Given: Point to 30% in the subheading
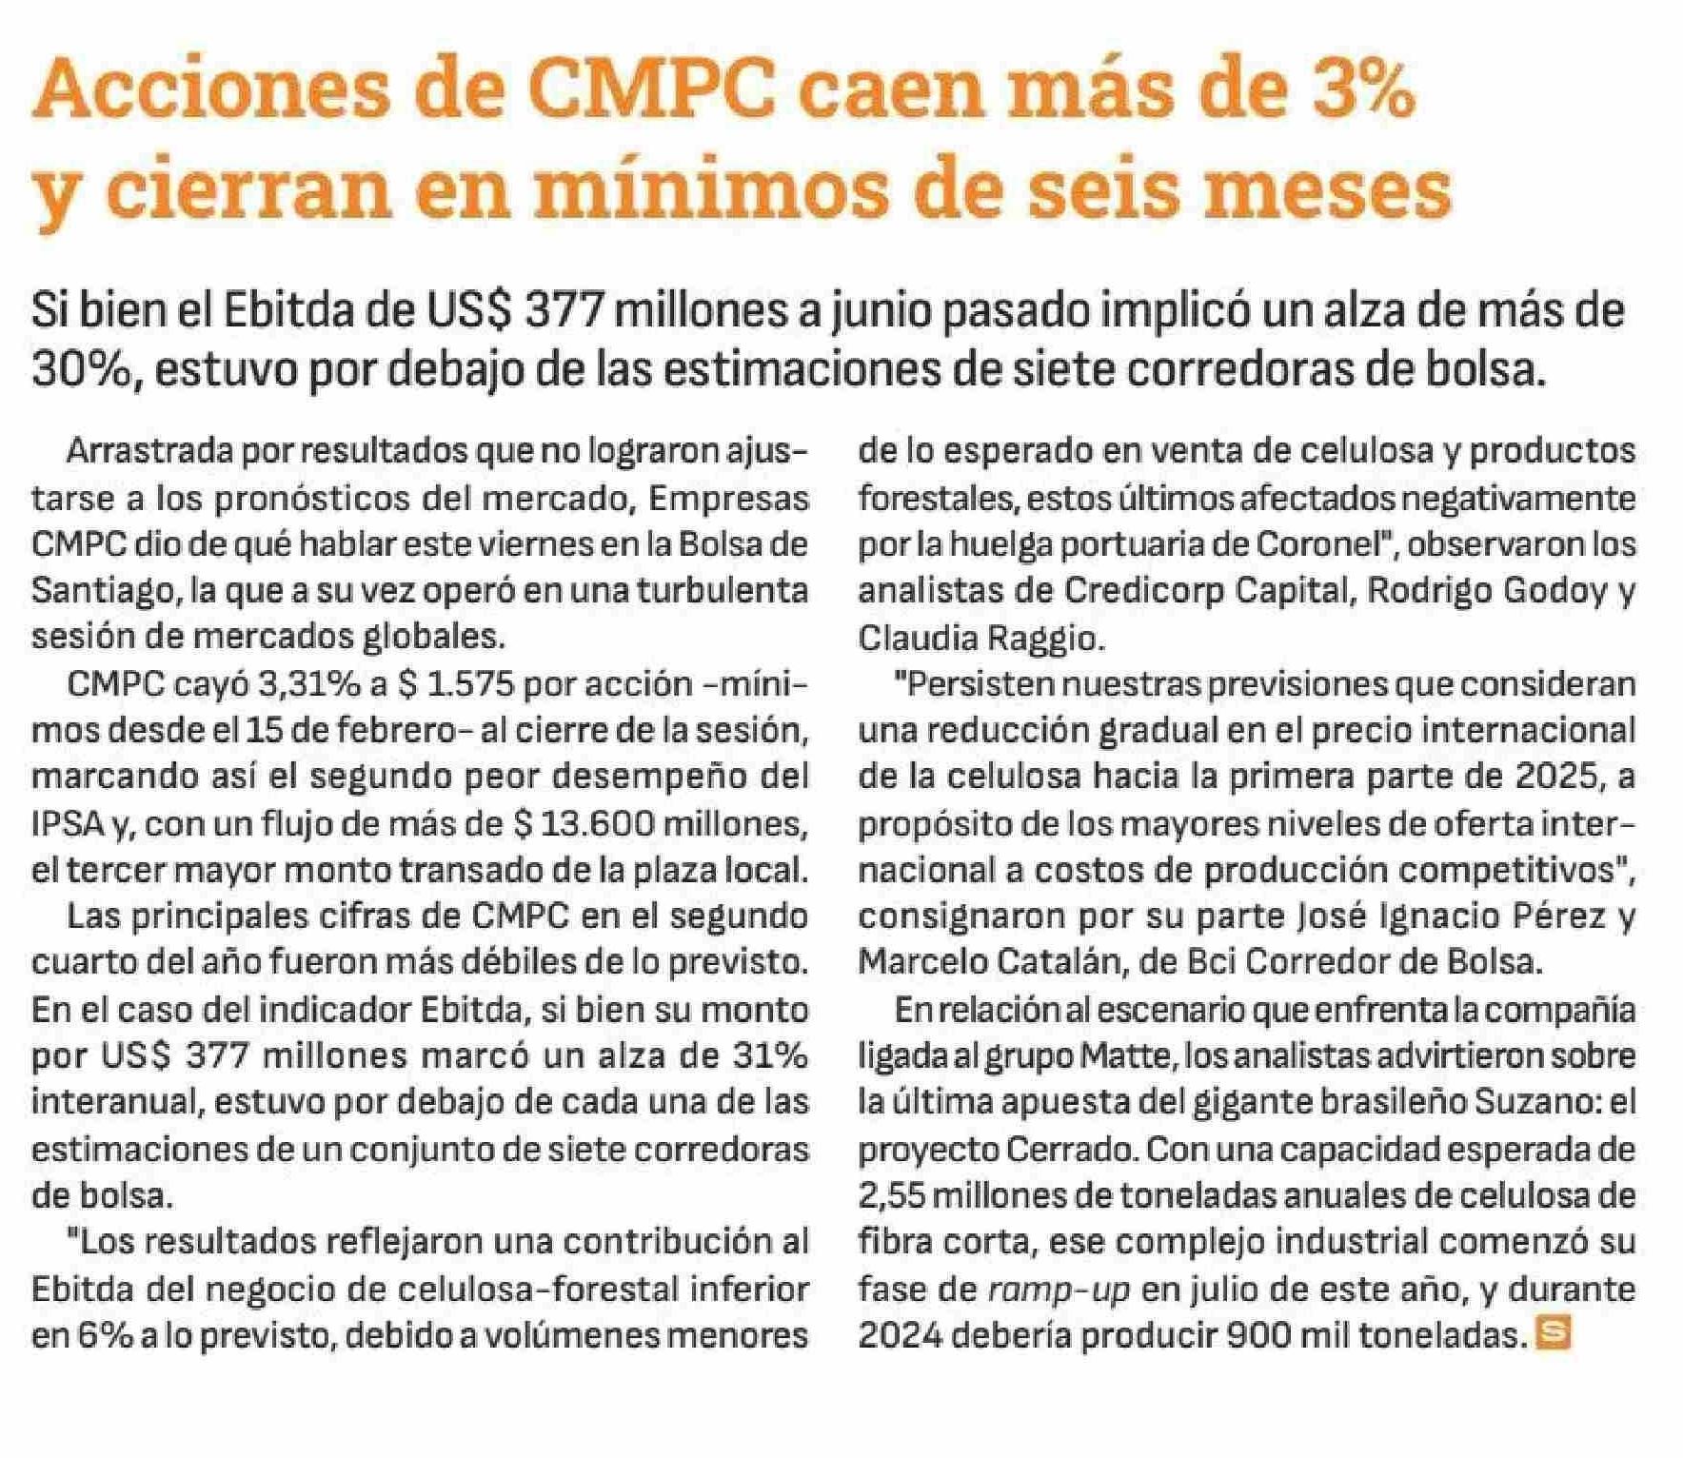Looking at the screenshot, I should coord(80,368).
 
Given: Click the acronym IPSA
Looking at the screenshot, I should coord(68,824).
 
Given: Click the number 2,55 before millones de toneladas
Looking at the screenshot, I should coord(892,1195).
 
